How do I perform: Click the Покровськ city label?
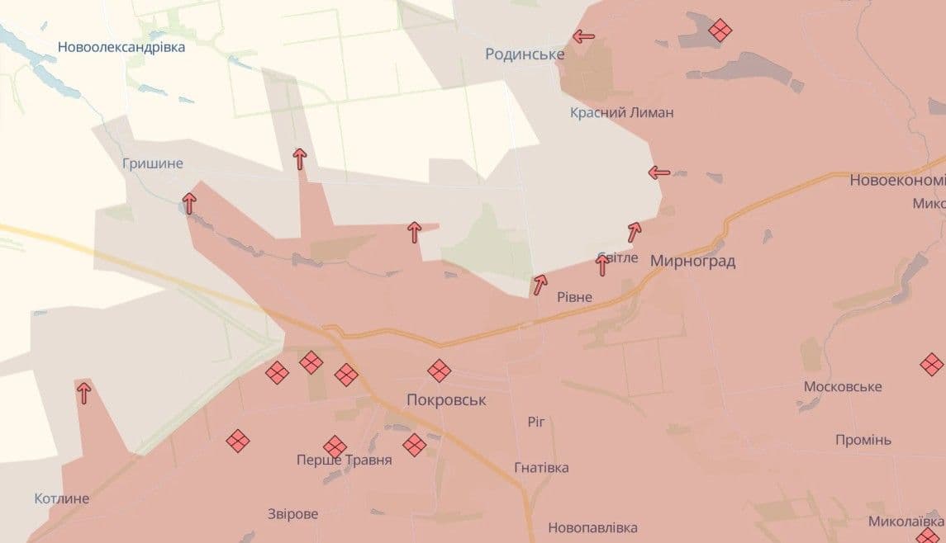[446, 399]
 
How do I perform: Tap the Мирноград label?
[692, 261]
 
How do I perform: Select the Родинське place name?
[525, 54]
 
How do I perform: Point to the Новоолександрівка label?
[121, 47]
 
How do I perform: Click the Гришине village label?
[152, 163]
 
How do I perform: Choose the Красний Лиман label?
[621, 112]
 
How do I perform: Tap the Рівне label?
[574, 297]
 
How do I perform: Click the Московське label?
[844, 387]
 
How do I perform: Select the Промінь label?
[863, 440]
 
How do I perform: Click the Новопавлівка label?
[592, 527]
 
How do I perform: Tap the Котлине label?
[62, 498]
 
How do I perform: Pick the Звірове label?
[292, 514]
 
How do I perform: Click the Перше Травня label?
[344, 460]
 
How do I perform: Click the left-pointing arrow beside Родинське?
[584, 36]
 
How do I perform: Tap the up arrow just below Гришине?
[189, 203]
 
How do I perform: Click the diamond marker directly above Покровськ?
[440, 371]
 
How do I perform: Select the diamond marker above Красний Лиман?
[720, 31]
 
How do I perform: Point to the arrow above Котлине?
[83, 393]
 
